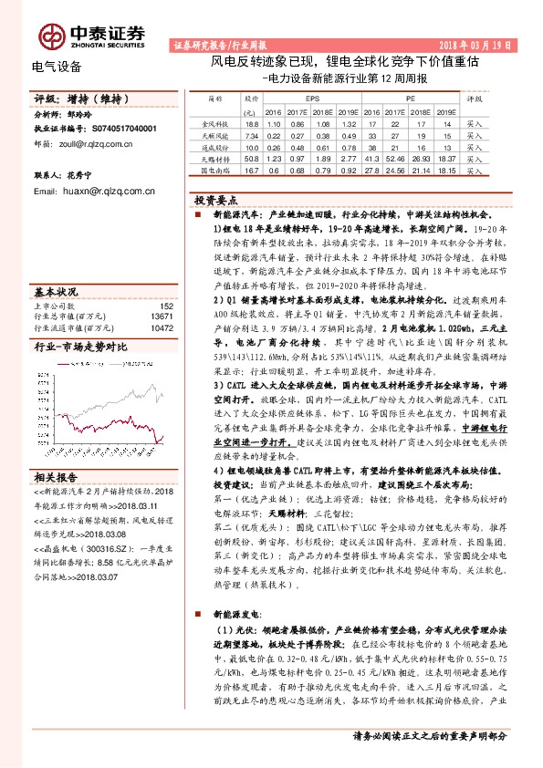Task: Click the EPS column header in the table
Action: click(x=312, y=96)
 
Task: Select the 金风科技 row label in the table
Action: click(x=215, y=122)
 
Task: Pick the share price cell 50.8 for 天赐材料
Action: click(x=253, y=157)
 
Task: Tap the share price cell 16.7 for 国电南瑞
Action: click(x=253, y=169)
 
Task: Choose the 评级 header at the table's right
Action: click(x=475, y=97)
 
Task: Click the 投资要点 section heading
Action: click(x=217, y=199)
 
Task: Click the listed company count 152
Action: click(x=165, y=306)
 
